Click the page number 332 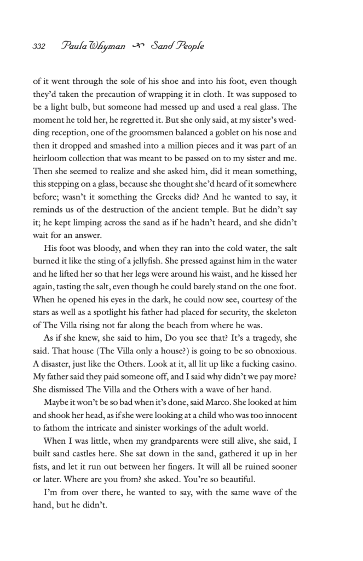[x=38, y=46]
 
